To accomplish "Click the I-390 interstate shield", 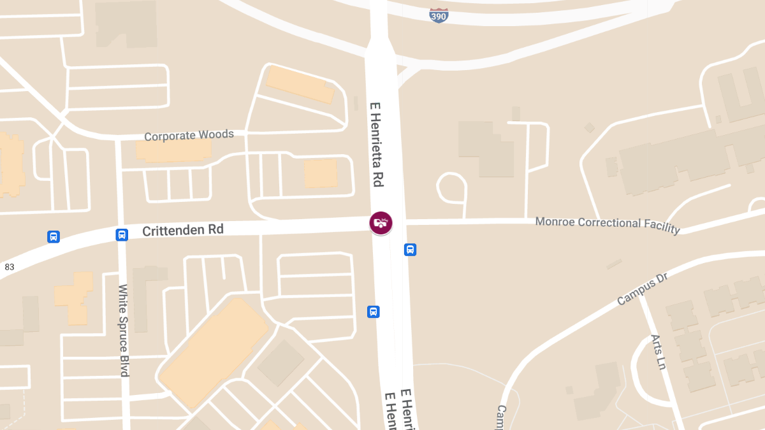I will (439, 15).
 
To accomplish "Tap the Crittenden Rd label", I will (183, 230).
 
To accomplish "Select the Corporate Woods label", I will (189, 136).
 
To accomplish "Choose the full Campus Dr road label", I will (643, 291).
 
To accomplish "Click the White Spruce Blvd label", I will (124, 330).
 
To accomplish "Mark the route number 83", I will (10, 267).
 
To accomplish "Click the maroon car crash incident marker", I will (381, 223).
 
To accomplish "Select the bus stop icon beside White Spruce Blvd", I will (122, 234).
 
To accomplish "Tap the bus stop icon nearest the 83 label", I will (54, 237).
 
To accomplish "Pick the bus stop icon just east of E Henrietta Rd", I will (411, 249).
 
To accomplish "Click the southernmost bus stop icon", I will (374, 312).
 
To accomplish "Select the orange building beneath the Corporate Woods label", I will (173, 151).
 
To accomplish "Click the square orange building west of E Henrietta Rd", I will (321, 173).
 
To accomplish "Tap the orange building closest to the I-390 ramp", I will (300, 83).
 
